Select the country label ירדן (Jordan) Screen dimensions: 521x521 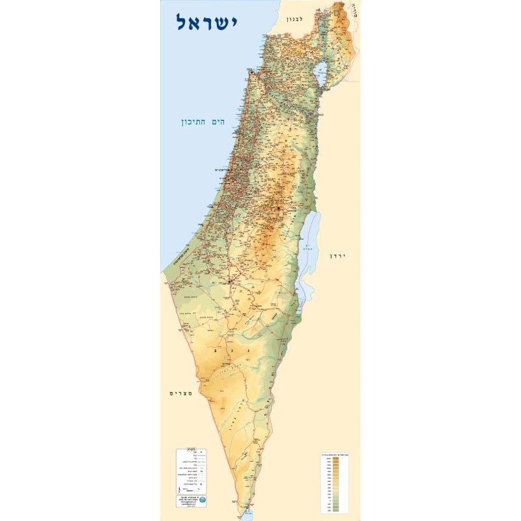coord(340,256)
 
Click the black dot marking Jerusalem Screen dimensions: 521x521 coord(279,208)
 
